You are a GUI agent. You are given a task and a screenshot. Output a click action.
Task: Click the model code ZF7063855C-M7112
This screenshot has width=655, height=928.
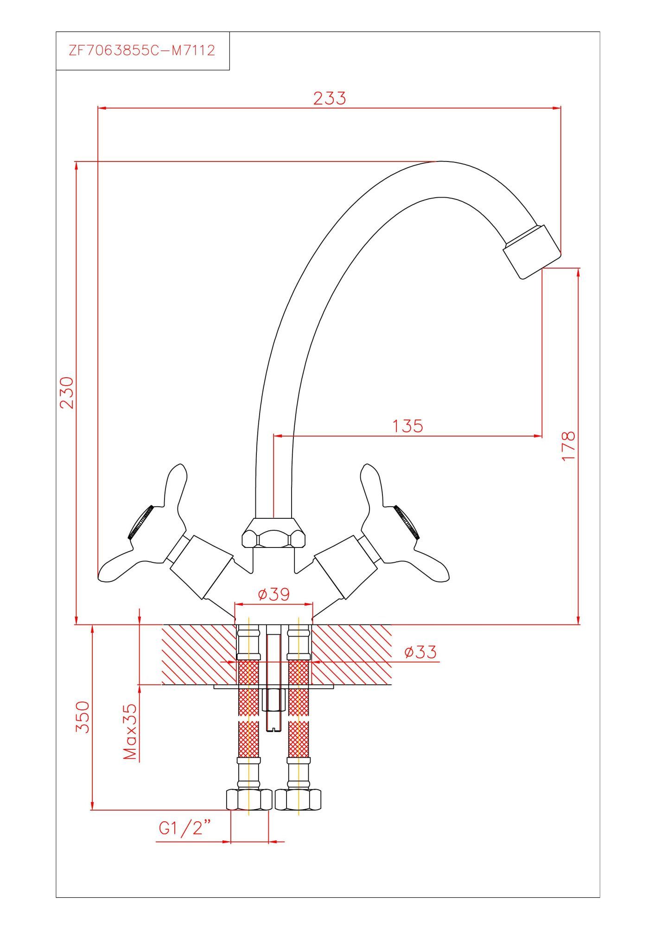[142, 50]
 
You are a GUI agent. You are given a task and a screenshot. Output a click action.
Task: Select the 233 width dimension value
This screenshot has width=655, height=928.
[330, 98]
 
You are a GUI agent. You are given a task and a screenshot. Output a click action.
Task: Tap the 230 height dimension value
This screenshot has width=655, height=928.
[67, 392]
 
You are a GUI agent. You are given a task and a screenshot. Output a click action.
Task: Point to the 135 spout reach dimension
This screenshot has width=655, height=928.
[408, 425]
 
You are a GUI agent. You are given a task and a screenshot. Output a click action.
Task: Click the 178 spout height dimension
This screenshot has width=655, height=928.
[568, 446]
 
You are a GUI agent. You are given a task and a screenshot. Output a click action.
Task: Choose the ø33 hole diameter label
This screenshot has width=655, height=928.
[420, 652]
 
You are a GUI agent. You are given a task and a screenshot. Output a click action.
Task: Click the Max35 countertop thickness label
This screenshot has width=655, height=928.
[131, 732]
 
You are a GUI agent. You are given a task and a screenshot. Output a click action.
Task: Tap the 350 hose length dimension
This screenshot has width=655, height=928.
[82, 717]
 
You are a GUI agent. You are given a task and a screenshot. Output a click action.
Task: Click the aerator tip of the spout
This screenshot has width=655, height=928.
[532, 252]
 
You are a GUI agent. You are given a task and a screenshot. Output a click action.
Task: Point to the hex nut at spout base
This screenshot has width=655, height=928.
[274, 532]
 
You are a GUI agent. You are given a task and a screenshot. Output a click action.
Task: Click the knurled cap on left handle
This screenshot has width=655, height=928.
[140, 522]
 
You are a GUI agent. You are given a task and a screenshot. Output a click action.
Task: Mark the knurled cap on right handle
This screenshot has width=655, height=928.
[408, 522]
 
